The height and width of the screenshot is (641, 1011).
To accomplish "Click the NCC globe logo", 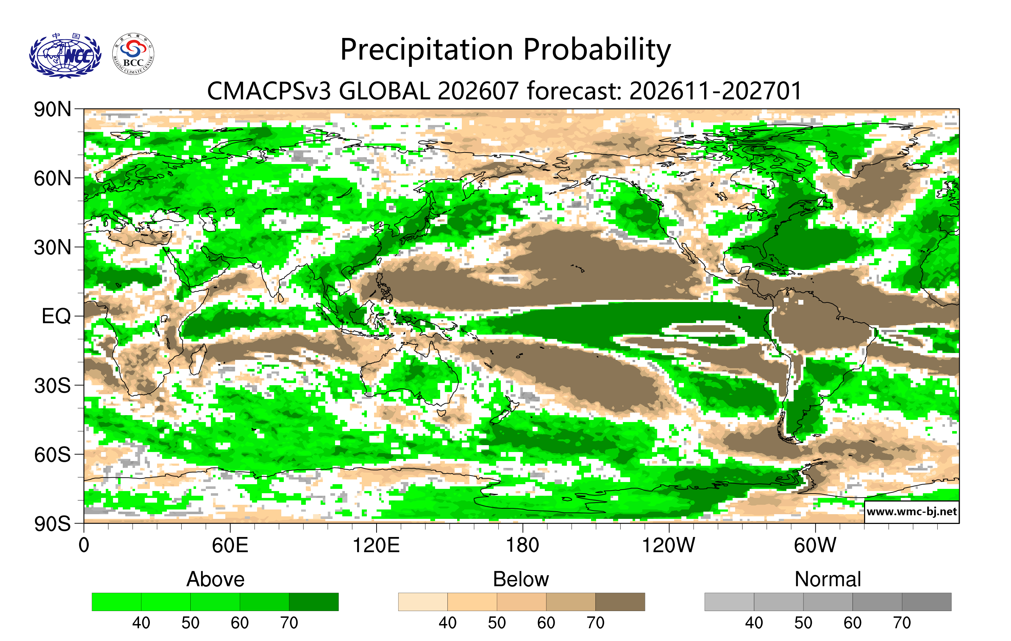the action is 65,55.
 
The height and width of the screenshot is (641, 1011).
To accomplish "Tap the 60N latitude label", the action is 52,178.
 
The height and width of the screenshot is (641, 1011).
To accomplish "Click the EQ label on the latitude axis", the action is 56,316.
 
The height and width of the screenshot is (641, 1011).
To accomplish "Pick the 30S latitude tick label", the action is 52,385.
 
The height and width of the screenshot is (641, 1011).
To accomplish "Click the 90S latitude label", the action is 52,524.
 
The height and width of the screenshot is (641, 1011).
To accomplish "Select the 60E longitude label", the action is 230,545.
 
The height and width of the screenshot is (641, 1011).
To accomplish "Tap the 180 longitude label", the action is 523,545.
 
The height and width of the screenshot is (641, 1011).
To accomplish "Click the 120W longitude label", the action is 669,545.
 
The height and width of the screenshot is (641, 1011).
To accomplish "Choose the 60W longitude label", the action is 815,545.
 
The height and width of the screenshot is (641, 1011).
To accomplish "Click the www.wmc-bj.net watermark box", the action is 911,512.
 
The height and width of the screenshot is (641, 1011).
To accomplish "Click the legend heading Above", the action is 216,579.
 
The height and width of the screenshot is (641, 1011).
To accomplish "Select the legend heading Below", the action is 521,579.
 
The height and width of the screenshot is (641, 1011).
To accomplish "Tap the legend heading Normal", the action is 828,579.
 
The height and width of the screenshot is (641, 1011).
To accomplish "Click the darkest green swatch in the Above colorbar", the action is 314,602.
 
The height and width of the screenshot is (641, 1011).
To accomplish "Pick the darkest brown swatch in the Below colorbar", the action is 620,602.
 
